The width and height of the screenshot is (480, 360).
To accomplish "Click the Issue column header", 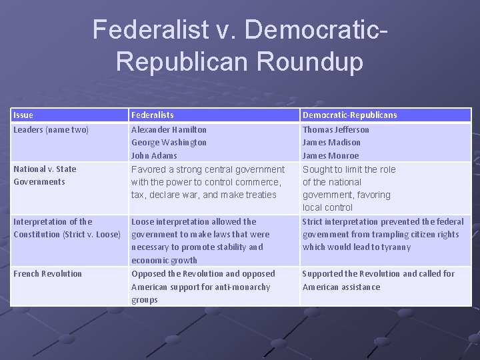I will point(23,115).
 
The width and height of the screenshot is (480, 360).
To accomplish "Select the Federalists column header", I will point(153,115).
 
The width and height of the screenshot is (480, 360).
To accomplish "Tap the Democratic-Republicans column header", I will point(349,115).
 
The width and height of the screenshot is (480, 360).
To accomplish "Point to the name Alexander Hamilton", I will point(169,130).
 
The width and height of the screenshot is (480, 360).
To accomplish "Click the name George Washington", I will point(169,143).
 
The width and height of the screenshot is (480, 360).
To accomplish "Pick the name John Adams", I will point(154,156).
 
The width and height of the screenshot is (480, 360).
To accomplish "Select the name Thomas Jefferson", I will point(335,130).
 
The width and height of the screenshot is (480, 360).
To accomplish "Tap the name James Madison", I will point(331,143).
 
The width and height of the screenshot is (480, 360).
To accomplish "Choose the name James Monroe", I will point(331,156).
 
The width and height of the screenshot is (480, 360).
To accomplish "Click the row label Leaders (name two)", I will point(51,130).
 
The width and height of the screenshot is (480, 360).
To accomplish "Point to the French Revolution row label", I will point(47,274).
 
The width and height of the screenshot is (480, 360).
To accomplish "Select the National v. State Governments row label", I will point(45,175).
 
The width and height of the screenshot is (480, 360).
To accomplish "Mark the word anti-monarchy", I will point(239,287).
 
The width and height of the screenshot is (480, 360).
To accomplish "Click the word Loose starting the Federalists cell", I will point(143,222).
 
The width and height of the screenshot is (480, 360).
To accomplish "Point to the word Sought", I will point(316,169).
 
